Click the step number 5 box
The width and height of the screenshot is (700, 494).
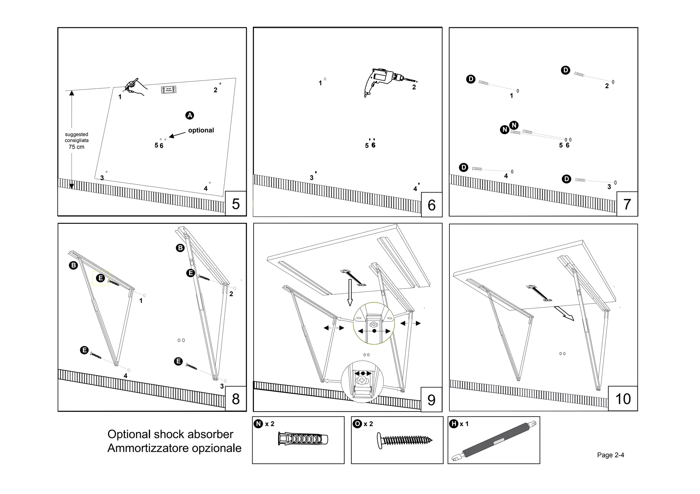235,204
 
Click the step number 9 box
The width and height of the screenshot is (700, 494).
431,399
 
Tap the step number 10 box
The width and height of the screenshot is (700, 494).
623,399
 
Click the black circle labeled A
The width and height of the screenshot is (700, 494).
190,115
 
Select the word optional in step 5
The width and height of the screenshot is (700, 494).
201,130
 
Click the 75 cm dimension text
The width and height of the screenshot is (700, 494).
76,147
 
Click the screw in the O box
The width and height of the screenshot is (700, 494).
404,440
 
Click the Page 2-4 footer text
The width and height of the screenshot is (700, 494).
610,455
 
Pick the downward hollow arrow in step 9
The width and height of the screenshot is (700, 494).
350,292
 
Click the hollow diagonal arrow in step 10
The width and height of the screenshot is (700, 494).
564,313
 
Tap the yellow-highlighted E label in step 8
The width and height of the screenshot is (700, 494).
100,278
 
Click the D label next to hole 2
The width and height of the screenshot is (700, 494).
566,70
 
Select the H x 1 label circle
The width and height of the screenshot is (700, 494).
454,424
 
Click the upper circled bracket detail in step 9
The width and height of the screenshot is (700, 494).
374,323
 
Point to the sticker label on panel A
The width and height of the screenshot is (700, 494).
169,90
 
